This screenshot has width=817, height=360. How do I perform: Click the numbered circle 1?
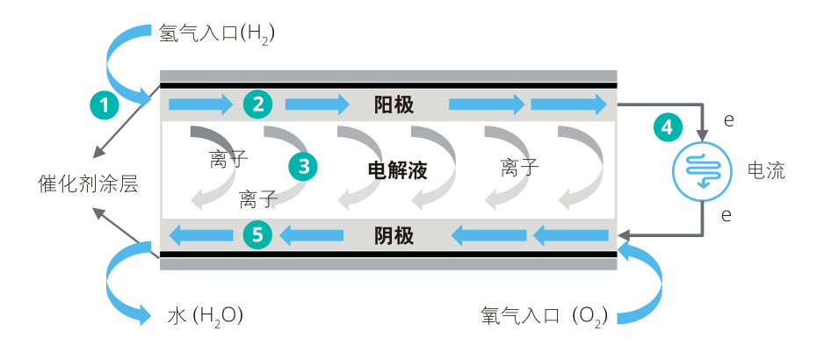[x=105, y=105]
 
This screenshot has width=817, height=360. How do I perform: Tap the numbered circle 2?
[x=257, y=104]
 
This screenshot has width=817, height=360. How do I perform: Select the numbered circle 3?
[x=303, y=165]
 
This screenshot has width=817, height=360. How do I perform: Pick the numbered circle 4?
[x=668, y=126]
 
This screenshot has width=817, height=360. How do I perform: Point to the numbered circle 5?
[x=257, y=234]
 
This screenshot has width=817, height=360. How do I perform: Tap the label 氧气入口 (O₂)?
[x=544, y=315]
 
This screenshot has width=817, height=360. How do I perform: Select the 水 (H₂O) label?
[x=205, y=315]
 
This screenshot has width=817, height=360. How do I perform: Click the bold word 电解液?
[x=397, y=170]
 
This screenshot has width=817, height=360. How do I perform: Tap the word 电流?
[x=766, y=170]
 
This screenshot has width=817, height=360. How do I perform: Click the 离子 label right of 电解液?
[x=520, y=167]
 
